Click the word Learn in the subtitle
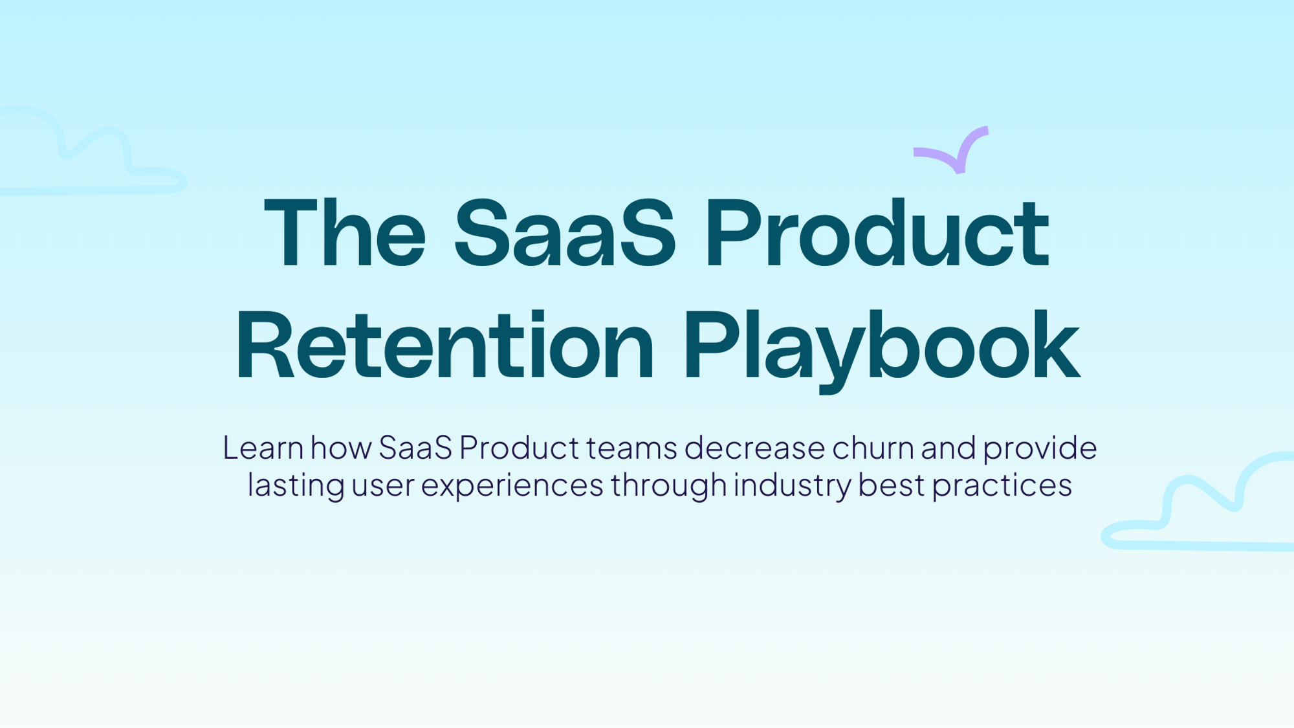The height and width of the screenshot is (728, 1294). pyautogui.click(x=263, y=448)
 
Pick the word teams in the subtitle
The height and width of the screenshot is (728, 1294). pyautogui.click(x=631, y=448)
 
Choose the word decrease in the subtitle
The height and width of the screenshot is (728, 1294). pyautogui.click(x=754, y=448)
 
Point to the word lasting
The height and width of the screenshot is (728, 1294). pyautogui.click(x=296, y=485)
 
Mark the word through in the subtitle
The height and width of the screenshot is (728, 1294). pyautogui.click(x=668, y=485)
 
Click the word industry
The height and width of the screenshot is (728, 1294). pyautogui.click(x=792, y=485)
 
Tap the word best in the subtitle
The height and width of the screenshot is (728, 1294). pyautogui.click(x=891, y=485)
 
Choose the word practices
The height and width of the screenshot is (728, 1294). pyautogui.click(x=1002, y=485)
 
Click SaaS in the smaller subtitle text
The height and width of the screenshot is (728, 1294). pyautogui.click(x=415, y=448)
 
